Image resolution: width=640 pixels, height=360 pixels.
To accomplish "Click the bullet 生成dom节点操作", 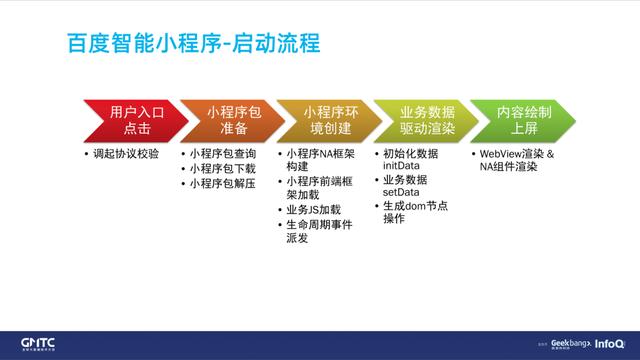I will point(415,212).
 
